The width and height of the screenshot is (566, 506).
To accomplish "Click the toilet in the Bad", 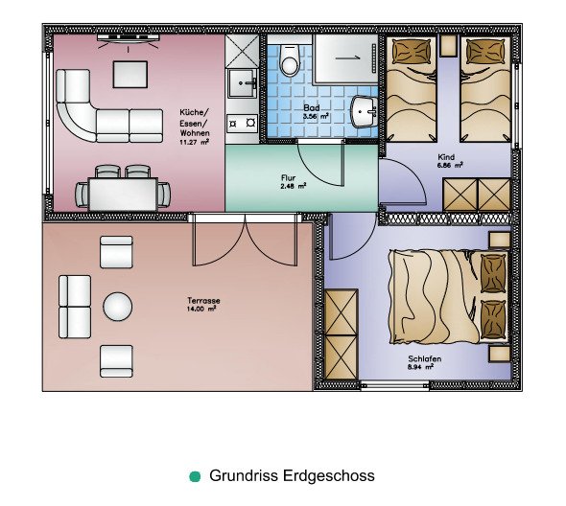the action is point(290,60).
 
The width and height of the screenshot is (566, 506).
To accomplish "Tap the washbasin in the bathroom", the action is point(364,111).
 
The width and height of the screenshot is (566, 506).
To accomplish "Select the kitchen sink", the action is point(242,83).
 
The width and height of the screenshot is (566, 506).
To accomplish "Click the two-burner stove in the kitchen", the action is point(242,124).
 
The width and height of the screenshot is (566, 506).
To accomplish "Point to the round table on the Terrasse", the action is point(118,307).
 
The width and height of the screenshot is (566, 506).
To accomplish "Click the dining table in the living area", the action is point(123,195).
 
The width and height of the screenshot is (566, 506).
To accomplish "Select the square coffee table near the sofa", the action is point(130,75).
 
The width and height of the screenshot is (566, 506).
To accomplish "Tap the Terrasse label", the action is point(203,300).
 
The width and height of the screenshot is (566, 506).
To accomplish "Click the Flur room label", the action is point(288,178).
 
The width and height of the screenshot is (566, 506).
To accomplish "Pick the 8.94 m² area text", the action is point(420,367).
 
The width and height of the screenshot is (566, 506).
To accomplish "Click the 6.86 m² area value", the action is point(450,165).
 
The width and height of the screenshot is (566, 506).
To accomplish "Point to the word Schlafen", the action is point(425,358).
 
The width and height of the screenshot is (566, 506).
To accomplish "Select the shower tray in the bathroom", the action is point(345,59).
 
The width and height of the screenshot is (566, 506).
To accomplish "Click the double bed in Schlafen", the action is point(449,296).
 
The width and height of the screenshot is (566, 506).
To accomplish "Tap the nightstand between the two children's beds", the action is point(449,46).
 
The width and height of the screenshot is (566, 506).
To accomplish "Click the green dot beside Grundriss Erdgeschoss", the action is point(195,476).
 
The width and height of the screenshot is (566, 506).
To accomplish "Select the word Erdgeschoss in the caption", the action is point(328,475).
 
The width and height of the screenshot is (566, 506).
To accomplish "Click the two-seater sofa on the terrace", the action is point(75,307).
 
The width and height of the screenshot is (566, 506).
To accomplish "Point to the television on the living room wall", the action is point(129,37).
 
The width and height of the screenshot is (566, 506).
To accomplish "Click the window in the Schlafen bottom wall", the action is point(395,385).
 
